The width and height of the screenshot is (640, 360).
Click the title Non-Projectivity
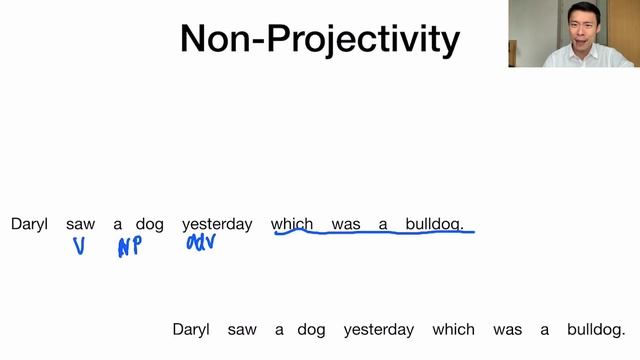pos(319,39)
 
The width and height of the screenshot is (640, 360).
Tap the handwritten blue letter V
pos(79,246)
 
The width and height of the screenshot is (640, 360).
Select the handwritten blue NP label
pos(129,247)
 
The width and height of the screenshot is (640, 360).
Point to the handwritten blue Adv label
pos(201,243)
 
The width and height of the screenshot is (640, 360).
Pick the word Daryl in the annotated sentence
pos(29,224)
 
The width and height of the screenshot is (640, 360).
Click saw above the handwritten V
pos(80,224)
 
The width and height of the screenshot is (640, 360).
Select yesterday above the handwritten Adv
pos(217,224)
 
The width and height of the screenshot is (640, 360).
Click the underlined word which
pos(292,224)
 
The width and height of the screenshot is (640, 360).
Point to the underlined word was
pos(345,224)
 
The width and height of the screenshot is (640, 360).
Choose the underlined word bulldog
pos(434,224)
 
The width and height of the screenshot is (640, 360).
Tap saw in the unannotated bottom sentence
pos(242,329)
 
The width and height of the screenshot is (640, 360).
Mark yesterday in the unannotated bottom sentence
pos(379,329)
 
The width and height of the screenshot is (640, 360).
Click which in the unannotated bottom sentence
pos(454,329)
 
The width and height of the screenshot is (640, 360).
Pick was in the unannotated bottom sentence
pos(507,329)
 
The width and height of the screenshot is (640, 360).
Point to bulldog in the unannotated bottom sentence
pos(596,329)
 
